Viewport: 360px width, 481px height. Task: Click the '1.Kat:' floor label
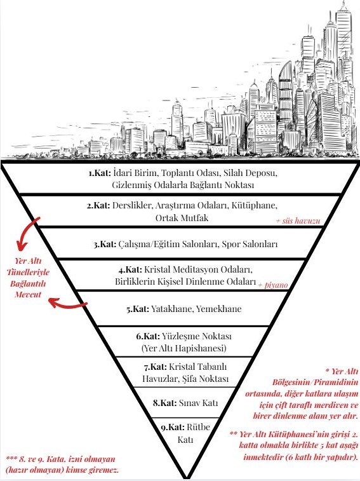pyautogui.click(x=100, y=173)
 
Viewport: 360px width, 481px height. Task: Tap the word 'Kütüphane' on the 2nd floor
pyautogui.click(x=254, y=205)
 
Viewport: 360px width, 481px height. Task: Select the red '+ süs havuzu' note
pyautogui.click(x=298, y=221)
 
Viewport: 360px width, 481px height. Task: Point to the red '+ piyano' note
pyautogui.click(x=273, y=285)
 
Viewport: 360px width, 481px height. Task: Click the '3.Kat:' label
pyautogui.click(x=105, y=245)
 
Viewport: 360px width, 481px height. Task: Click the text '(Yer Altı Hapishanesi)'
pyautogui.click(x=184, y=348)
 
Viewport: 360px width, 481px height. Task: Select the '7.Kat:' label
pyautogui.click(x=156, y=367)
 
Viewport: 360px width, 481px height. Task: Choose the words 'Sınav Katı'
pyautogui.click(x=198, y=403)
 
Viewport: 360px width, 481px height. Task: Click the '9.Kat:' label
pyautogui.click(x=173, y=428)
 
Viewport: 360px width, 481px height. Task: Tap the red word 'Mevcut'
pyautogui.click(x=28, y=295)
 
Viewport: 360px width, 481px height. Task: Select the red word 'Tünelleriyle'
pyautogui.click(x=28, y=273)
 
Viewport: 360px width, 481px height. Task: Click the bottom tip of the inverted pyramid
pyautogui.click(x=186, y=478)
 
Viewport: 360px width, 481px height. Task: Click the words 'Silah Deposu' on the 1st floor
pyautogui.click(x=250, y=173)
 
